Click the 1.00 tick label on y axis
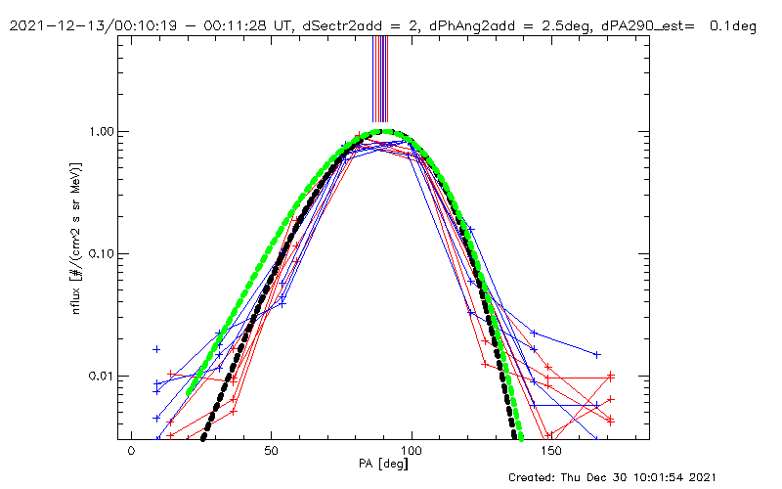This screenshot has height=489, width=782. (101, 132)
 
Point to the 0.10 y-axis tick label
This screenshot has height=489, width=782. (101, 254)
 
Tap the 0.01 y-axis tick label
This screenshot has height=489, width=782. (101, 377)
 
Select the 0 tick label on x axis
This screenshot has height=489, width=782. (131, 451)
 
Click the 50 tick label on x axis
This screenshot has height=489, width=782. (272, 451)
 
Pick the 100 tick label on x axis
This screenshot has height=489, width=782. (412, 451)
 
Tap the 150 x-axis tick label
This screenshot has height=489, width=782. (551, 451)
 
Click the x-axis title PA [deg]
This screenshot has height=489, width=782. (383, 464)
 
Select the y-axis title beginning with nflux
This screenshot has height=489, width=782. (76, 238)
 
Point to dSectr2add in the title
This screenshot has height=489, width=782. (343, 25)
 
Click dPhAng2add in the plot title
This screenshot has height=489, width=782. (472, 25)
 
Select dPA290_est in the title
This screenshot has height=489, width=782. (643, 26)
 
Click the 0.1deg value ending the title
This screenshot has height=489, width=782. (733, 25)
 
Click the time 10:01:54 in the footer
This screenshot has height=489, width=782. (654, 477)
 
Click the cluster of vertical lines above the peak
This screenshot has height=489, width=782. (380, 79)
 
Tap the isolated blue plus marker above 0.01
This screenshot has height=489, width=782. (156, 349)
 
